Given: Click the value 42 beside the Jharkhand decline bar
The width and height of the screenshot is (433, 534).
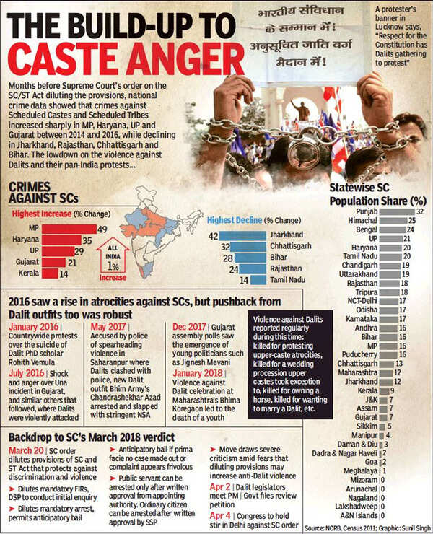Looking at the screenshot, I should point(214,235).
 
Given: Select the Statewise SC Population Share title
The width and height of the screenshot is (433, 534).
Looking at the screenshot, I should point(378,193).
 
